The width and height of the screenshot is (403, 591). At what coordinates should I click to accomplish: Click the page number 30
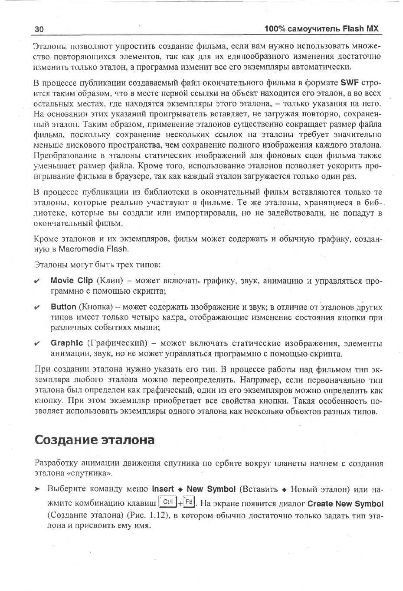tap(39, 29)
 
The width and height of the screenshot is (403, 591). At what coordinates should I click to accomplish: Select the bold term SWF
tap(349, 83)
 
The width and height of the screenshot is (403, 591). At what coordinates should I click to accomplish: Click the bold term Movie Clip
tap(72, 280)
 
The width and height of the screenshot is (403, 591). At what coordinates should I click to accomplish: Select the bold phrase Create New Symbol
tap(345, 503)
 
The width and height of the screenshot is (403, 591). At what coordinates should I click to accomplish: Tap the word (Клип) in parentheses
tap(110, 281)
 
